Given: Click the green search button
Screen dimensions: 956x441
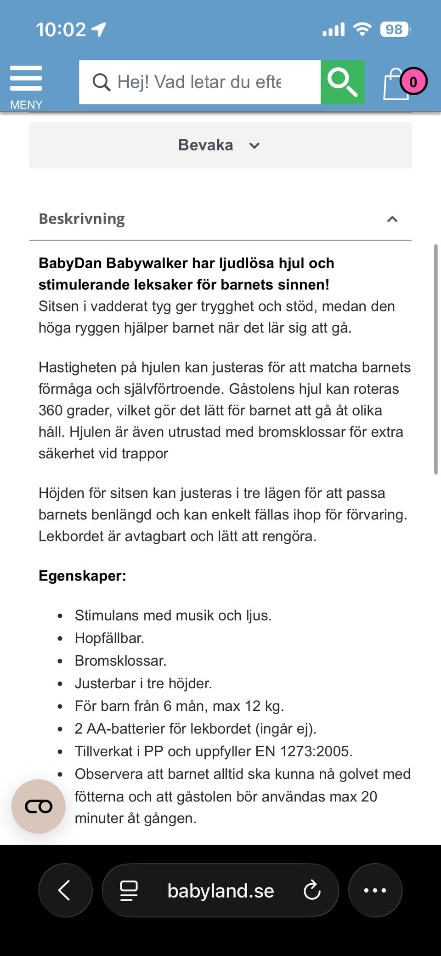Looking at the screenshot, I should click(x=342, y=82).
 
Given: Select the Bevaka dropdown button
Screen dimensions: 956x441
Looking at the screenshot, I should click(x=220, y=145).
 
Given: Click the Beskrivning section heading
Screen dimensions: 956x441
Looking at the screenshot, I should click(x=82, y=219).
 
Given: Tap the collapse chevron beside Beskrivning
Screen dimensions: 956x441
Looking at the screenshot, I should click(x=392, y=219).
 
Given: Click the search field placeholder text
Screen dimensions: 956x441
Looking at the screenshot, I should click(x=199, y=82).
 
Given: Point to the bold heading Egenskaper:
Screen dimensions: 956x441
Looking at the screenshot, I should click(x=82, y=576).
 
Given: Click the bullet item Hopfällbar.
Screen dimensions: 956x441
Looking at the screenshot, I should click(x=109, y=638).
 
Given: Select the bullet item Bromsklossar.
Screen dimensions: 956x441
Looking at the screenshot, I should click(x=120, y=661).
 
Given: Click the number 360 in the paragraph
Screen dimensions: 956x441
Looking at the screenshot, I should click(x=51, y=410).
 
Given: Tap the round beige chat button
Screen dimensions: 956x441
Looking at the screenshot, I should click(x=39, y=806).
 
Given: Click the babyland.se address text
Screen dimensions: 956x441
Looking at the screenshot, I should click(x=220, y=891).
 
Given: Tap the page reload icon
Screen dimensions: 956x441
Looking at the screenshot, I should click(x=312, y=890).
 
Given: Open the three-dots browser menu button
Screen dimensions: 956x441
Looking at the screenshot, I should click(x=375, y=890).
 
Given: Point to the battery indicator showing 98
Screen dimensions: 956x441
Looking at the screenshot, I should click(x=395, y=29).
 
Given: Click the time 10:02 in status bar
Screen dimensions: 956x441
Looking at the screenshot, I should click(x=61, y=30).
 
